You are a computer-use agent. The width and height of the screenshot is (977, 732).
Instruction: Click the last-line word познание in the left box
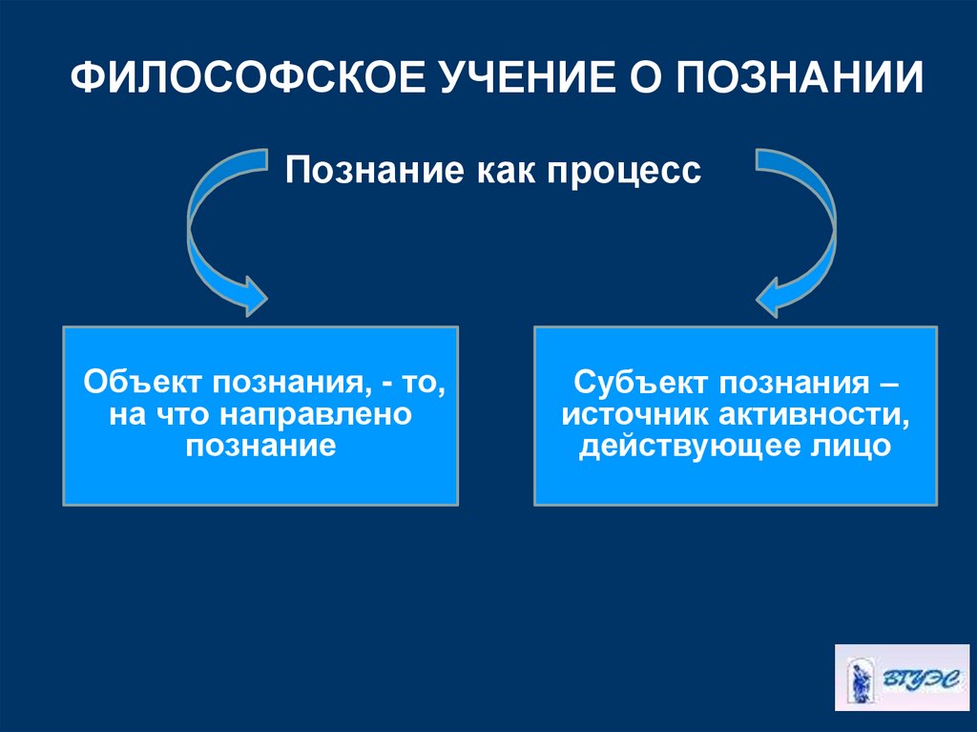260,445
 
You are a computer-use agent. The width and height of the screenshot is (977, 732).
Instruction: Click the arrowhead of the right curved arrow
776,295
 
